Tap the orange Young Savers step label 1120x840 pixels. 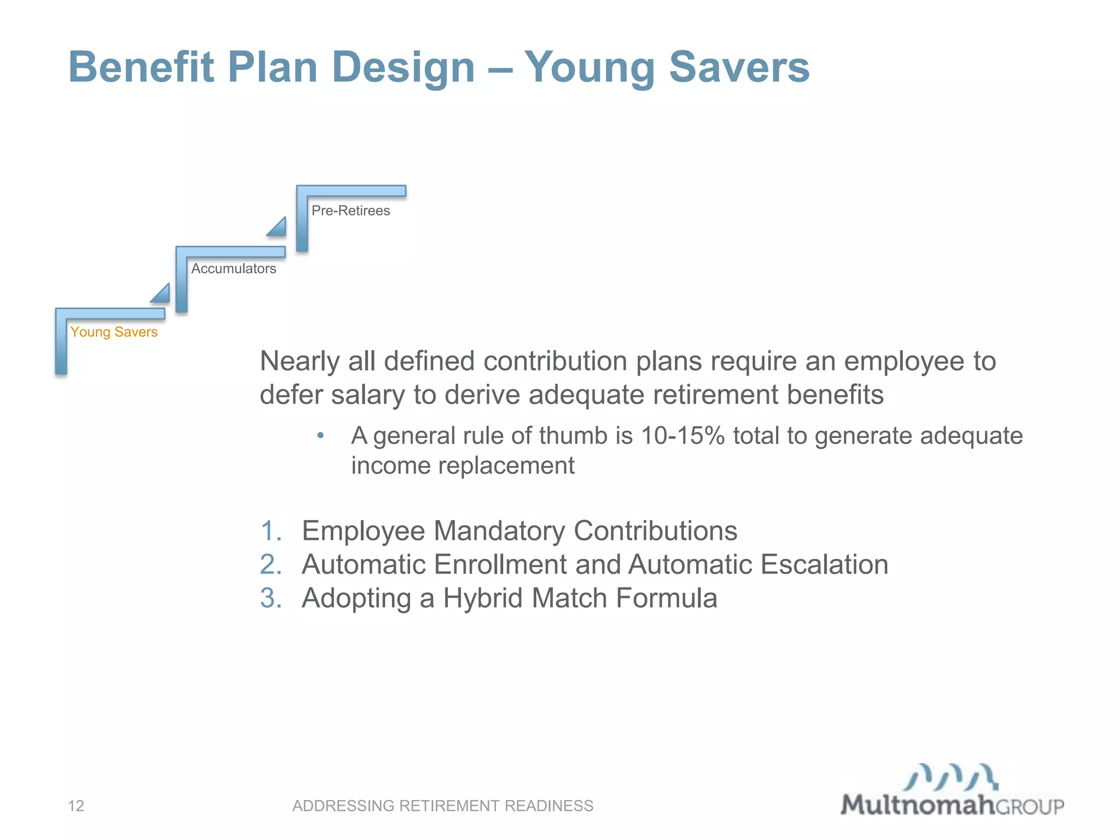click(x=114, y=332)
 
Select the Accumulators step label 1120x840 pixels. click(x=234, y=269)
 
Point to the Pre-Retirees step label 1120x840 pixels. click(x=351, y=211)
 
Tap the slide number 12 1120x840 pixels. click(x=76, y=806)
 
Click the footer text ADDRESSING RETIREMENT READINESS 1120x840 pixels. click(x=442, y=806)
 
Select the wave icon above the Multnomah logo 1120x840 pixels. click(x=951, y=777)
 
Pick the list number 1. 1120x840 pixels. click(x=271, y=531)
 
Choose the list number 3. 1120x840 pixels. click(x=271, y=598)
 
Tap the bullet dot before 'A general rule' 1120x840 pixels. click(x=321, y=436)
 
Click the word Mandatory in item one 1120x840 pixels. click(x=499, y=531)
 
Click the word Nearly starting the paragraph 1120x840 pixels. click(x=300, y=361)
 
